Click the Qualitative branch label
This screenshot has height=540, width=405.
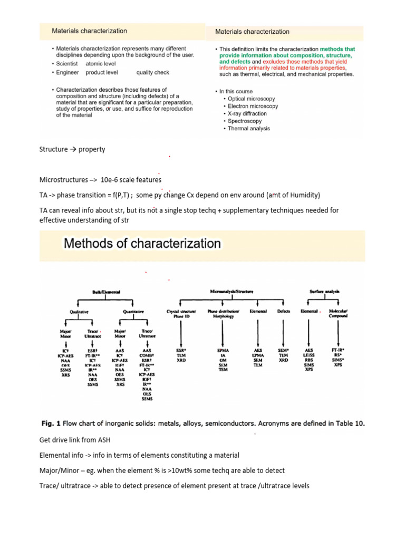coord(78,312)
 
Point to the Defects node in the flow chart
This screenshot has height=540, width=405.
coord(284,312)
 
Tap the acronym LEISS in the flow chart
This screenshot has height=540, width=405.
coord(309,354)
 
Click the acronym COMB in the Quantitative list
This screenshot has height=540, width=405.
coord(147,354)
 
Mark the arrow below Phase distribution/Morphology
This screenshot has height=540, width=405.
coord(222,332)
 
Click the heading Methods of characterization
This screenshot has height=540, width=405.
coord(142,244)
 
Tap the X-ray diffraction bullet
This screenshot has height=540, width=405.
coord(247,113)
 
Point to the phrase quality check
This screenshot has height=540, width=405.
coord(152,72)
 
